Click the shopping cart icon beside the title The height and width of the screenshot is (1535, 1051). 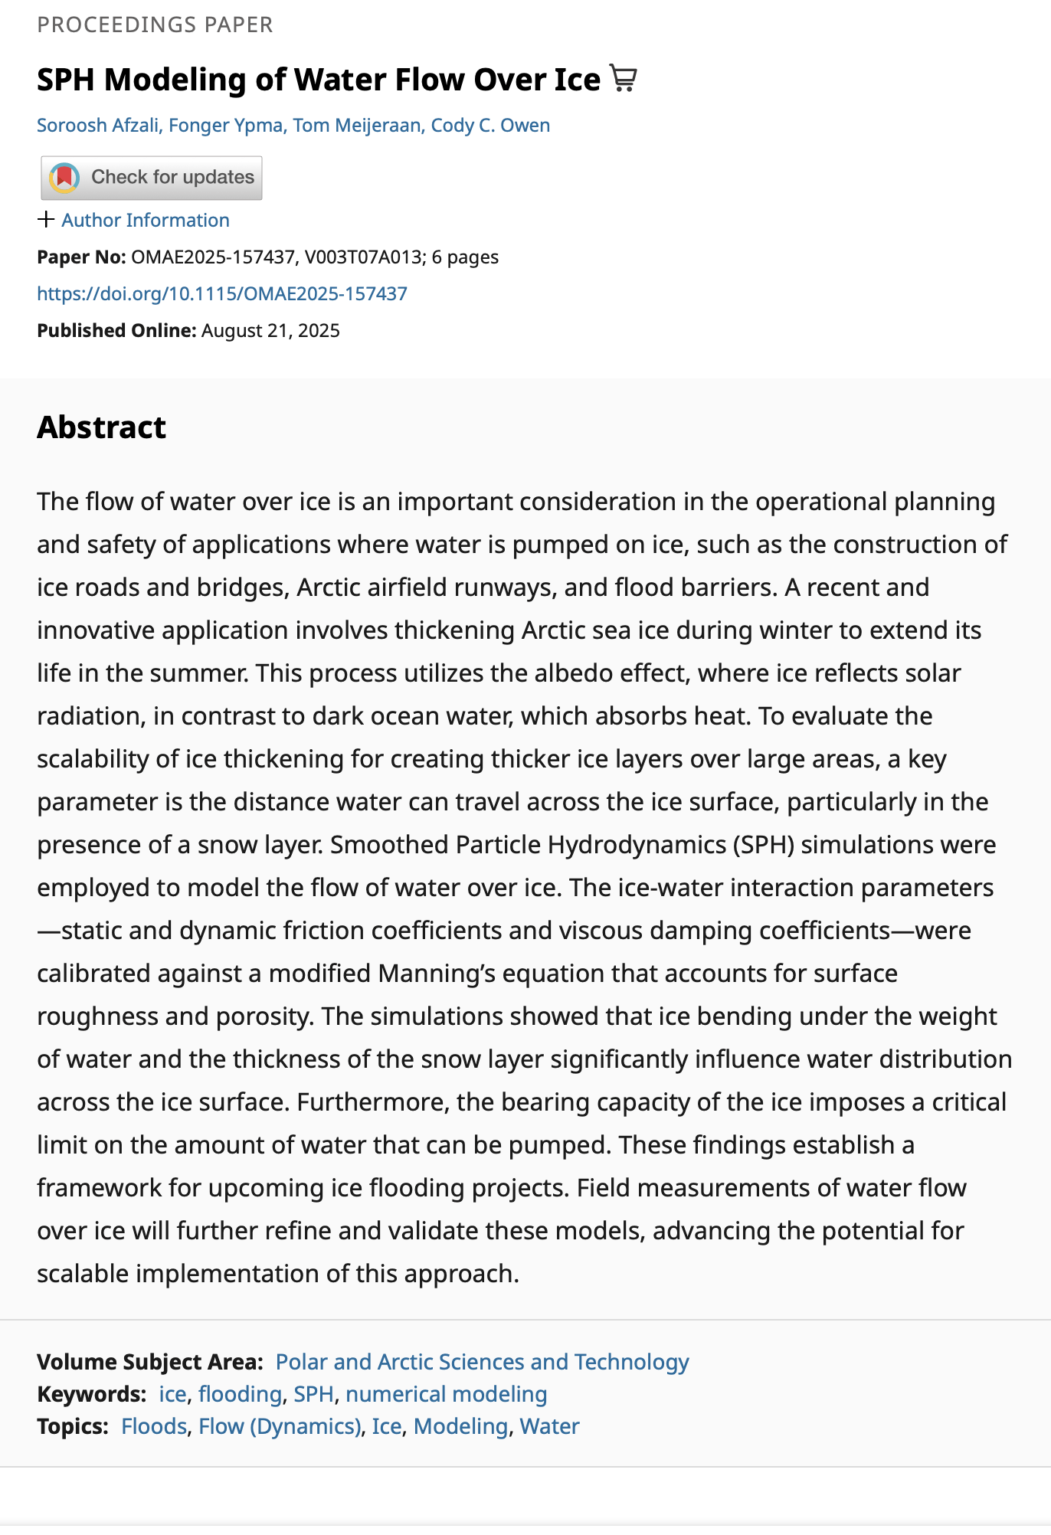(623, 79)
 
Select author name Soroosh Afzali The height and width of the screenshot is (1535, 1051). (98, 125)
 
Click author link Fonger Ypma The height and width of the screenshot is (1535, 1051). (226, 125)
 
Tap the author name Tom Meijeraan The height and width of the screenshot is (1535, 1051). (356, 125)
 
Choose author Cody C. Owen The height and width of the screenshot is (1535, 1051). (490, 125)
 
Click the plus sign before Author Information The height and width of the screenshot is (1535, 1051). (46, 220)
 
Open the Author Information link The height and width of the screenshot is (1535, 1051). (146, 220)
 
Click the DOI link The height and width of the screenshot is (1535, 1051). (222, 293)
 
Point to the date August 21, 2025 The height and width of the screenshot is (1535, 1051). (270, 330)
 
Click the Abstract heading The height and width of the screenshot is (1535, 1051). (101, 427)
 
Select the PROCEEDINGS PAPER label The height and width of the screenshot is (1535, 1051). (155, 25)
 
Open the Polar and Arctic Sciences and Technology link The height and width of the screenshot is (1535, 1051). (482, 1361)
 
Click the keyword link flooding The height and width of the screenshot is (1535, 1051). (240, 1393)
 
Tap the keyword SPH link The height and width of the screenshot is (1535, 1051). (313, 1393)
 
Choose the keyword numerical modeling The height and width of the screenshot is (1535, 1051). (446, 1393)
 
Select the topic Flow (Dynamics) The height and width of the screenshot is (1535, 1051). (279, 1425)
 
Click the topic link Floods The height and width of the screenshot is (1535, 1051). (154, 1425)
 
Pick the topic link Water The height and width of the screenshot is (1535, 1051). (549, 1425)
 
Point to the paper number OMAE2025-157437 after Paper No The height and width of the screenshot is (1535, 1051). (213, 257)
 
